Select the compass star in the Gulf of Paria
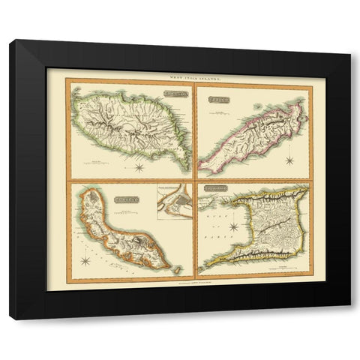tap(234, 225)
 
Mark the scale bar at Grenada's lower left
tap(95, 160)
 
